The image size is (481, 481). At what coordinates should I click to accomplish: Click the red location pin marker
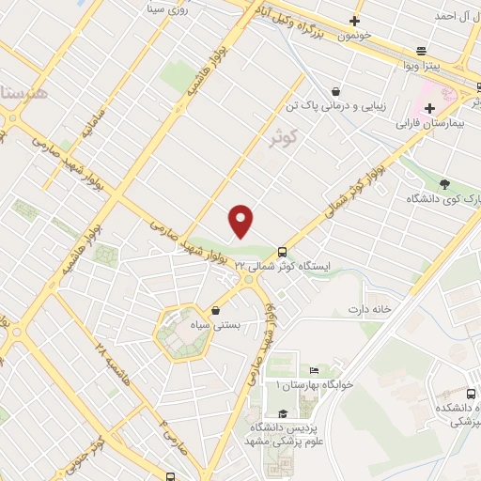tap(241, 221)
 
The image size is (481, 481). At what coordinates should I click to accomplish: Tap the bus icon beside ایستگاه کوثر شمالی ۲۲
tap(283, 252)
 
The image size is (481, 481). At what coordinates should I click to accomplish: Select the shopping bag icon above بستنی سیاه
tap(217, 311)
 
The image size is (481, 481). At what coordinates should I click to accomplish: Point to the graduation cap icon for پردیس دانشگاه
tap(282, 414)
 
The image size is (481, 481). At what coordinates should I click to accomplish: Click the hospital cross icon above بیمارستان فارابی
tap(429, 108)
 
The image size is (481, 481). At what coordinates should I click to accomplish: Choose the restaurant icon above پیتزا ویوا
tap(422, 52)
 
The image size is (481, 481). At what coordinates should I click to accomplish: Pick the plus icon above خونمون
tap(355, 20)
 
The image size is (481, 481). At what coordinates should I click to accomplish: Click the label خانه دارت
tap(368, 308)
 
